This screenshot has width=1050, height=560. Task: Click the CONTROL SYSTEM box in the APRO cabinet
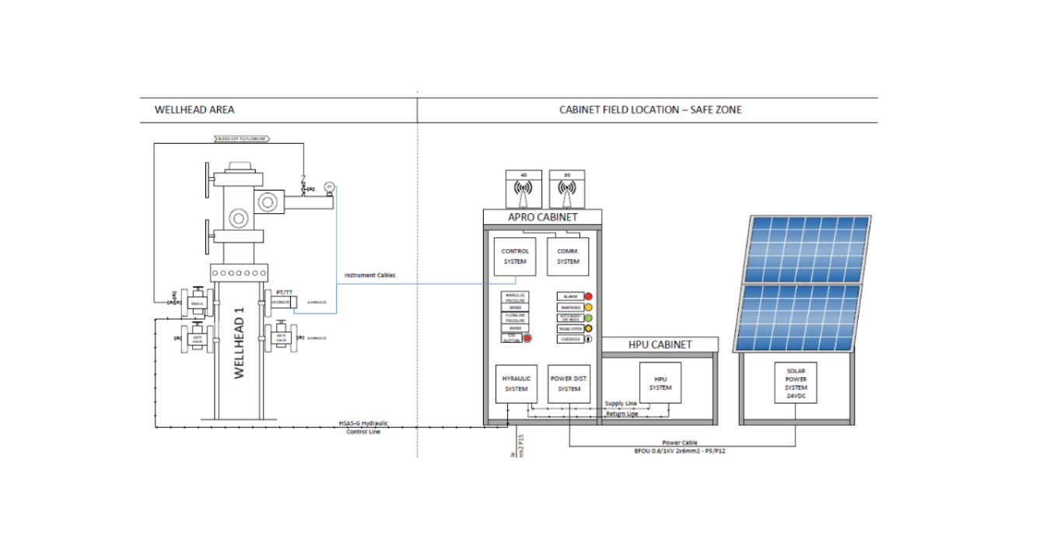tap(515, 257)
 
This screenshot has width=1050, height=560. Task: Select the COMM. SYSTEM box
tap(568, 257)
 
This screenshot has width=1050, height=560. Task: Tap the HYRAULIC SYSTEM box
tap(516, 383)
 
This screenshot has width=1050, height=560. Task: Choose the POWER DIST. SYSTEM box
tap(569, 383)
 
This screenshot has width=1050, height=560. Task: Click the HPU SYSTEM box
tap(660, 383)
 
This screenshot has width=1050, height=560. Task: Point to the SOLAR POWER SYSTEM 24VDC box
tap(796, 382)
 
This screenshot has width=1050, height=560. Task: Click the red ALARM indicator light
tap(588, 296)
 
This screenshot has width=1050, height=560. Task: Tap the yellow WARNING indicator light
tap(588, 307)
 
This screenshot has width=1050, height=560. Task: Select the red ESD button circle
tap(527, 338)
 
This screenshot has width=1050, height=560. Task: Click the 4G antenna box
tap(523, 188)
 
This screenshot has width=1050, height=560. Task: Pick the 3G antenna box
tap(566, 188)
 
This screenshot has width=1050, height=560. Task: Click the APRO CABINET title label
tap(542, 217)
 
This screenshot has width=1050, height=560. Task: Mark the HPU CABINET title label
tap(660, 345)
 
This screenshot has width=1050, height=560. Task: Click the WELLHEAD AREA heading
tap(194, 110)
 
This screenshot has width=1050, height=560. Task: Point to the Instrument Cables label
tap(370, 275)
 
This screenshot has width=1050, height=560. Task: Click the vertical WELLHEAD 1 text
tap(240, 343)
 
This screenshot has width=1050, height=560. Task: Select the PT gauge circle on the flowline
tap(329, 187)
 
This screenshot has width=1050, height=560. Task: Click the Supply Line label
tap(621, 404)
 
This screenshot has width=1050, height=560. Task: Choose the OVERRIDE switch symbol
tap(588, 339)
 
